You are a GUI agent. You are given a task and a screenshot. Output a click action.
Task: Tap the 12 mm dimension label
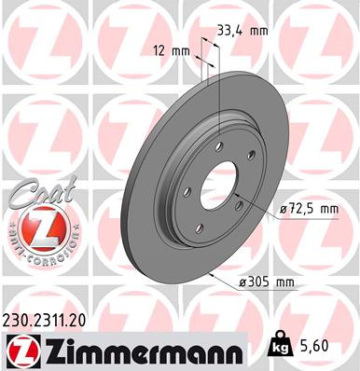point(168,49)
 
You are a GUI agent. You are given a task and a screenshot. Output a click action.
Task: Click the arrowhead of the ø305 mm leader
point(213,276)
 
